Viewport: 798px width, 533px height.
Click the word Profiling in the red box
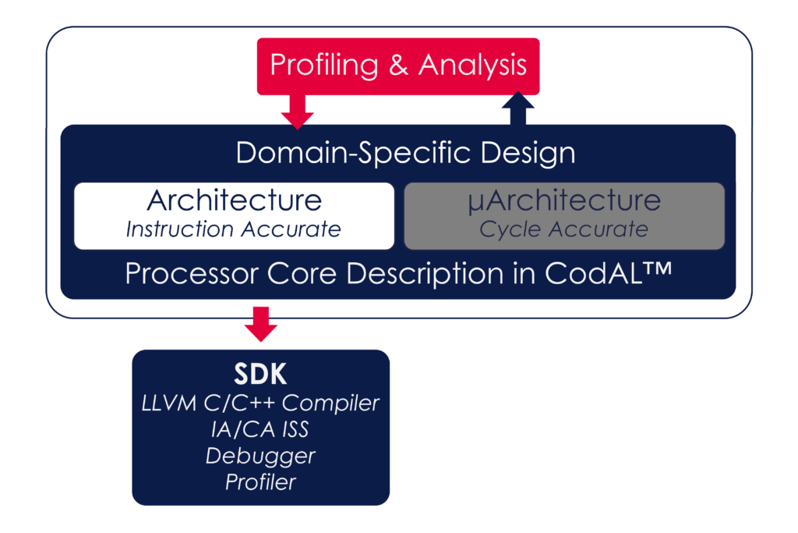[x=323, y=65]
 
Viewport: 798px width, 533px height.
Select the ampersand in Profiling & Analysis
[x=397, y=65]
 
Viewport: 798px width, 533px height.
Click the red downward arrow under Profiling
[x=297, y=111]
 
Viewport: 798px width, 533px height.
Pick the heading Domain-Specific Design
[x=405, y=152]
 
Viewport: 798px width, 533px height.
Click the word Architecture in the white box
[x=234, y=201]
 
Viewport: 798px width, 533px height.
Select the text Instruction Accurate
[x=234, y=229]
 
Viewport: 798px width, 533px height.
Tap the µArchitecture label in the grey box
[x=564, y=201]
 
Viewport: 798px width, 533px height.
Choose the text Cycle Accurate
[x=563, y=229]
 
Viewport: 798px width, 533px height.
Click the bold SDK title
[x=260, y=375]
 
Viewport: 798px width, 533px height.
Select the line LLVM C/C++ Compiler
[x=260, y=403]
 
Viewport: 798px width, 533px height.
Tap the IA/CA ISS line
[x=260, y=429]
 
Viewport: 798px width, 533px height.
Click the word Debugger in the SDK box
[x=260, y=456]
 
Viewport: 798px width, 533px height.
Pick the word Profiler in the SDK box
[x=260, y=482]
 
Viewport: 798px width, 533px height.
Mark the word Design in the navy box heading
[x=528, y=152]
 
